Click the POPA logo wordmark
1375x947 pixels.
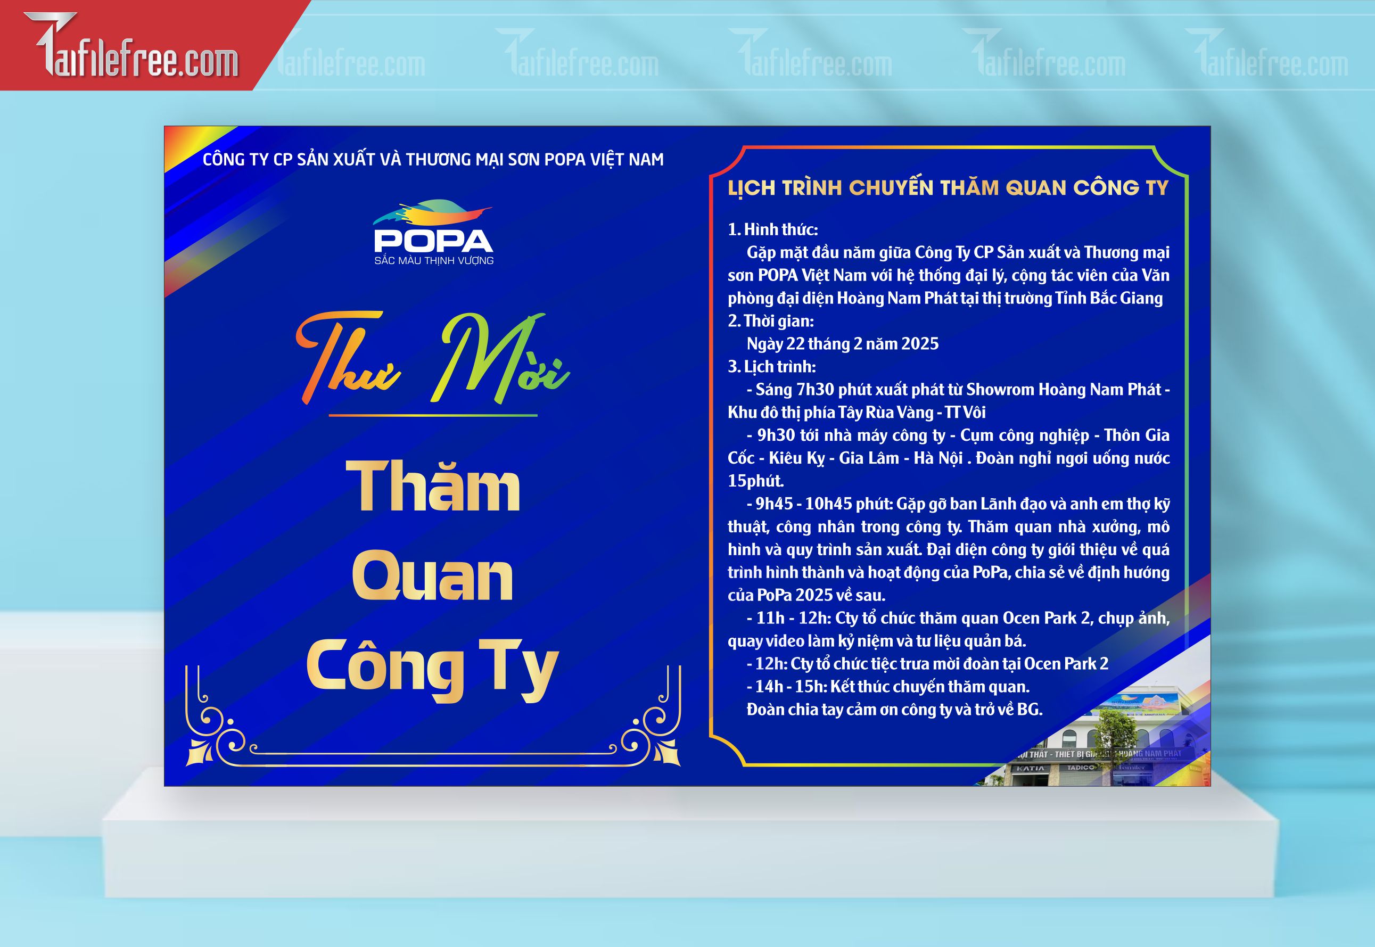(433, 240)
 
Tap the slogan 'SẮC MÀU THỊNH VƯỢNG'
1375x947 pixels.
(434, 260)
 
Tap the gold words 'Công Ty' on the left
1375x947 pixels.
(432, 669)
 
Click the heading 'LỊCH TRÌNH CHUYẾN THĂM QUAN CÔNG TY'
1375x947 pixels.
(948, 187)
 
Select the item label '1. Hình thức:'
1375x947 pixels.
(773, 229)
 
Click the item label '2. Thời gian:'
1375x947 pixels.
(771, 321)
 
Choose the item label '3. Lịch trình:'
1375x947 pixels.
(772, 367)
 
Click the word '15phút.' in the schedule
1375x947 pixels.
(756, 481)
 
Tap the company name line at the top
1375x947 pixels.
(433, 160)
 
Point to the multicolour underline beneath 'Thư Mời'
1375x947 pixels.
(433, 415)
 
